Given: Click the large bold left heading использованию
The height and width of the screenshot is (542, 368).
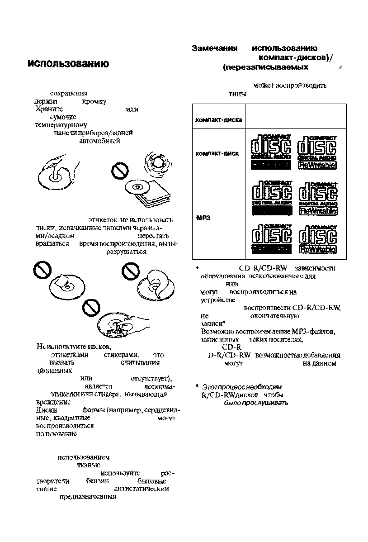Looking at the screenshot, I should (x=67, y=64).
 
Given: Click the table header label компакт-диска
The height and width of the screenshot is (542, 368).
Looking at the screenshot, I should (x=214, y=120).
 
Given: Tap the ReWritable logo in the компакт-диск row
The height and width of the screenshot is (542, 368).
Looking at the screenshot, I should (x=317, y=165).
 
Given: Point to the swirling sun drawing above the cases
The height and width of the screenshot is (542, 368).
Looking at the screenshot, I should (x=157, y=162).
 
